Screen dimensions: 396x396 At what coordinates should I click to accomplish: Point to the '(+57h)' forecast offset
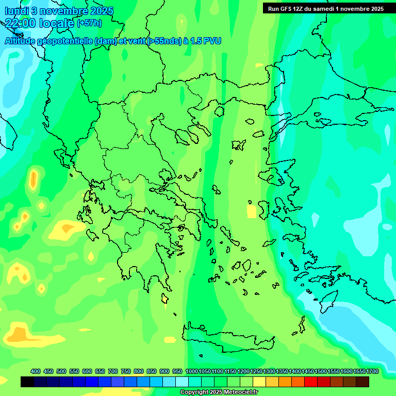point(89,23)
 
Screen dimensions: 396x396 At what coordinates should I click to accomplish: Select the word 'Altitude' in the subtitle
point(24,41)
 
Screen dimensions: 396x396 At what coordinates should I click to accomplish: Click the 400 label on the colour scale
point(36,371)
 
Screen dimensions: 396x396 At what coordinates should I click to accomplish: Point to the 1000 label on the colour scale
point(192,371)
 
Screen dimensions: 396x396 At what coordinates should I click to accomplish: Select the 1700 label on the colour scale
point(372,371)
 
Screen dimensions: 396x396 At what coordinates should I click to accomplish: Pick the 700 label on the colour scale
point(113,371)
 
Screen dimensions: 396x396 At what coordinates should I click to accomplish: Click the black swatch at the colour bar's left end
point(27,382)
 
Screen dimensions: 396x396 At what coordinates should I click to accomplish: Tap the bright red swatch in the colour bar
point(311,382)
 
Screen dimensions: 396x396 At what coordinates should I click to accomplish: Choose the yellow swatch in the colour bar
point(259,382)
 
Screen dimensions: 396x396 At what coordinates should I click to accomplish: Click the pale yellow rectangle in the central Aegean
point(252,211)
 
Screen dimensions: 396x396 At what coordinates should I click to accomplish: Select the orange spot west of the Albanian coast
point(34,179)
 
